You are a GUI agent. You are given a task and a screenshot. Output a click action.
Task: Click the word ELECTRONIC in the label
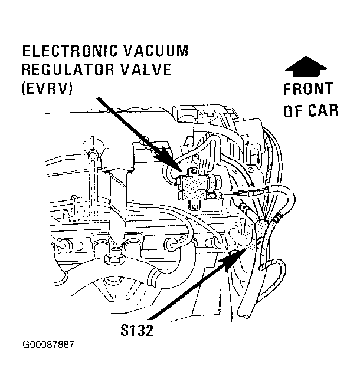tap(70, 51)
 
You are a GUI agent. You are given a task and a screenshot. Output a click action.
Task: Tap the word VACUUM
tap(156, 51)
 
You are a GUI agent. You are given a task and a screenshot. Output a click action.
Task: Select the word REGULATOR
tap(67, 70)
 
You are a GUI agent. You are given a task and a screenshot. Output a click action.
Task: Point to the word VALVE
tap(145, 70)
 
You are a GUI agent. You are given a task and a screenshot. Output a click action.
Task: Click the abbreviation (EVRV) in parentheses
tap(47, 88)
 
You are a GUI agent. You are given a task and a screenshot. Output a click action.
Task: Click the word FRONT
tap(309, 89)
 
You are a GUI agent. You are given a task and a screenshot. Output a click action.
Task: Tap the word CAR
tap(323, 110)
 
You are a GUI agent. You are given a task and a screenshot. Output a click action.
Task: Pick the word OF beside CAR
tap(292, 110)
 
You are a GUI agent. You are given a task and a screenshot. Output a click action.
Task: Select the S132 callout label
tap(137, 330)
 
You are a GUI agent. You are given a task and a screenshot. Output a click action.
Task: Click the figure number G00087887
tap(48, 345)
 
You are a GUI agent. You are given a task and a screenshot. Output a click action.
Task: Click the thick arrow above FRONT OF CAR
tap(306, 66)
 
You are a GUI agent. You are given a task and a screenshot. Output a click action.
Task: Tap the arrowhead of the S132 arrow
tap(233, 259)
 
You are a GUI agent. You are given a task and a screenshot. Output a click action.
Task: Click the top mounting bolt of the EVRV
tap(193, 172)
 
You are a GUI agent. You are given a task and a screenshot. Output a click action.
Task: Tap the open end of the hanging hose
tap(245, 316)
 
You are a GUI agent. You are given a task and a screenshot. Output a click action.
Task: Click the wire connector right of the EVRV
tap(240, 193)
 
